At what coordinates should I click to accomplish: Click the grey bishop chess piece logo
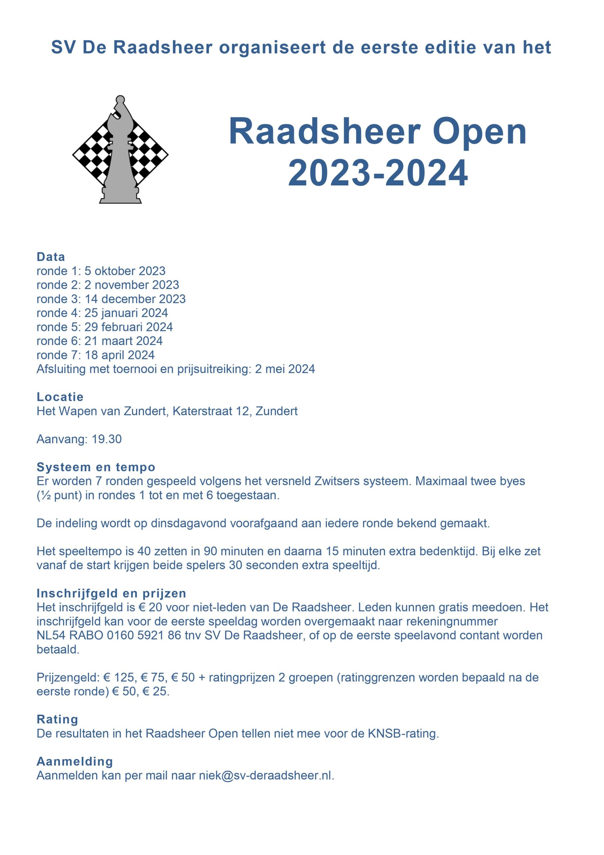pyautogui.click(x=120, y=156)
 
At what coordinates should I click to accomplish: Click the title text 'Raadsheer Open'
pyautogui.click(x=377, y=132)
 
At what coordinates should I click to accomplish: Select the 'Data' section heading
pyautogui.click(x=51, y=257)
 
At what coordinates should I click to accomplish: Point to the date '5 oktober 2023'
pyautogui.click(x=125, y=271)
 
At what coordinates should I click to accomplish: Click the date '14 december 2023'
pyautogui.click(x=135, y=299)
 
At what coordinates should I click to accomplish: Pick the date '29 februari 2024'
pyautogui.click(x=128, y=327)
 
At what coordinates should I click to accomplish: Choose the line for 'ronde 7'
pyautogui.click(x=95, y=355)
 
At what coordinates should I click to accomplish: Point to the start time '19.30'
pyautogui.click(x=106, y=439)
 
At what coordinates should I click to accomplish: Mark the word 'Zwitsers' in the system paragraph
pyautogui.click(x=337, y=481)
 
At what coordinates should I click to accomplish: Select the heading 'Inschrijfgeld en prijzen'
pyautogui.click(x=111, y=593)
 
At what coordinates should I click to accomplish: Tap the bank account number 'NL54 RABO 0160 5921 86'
pyautogui.click(x=109, y=635)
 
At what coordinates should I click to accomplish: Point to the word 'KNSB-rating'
pyautogui.click(x=403, y=734)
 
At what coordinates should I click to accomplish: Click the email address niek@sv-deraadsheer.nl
pyautogui.click(x=265, y=776)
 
